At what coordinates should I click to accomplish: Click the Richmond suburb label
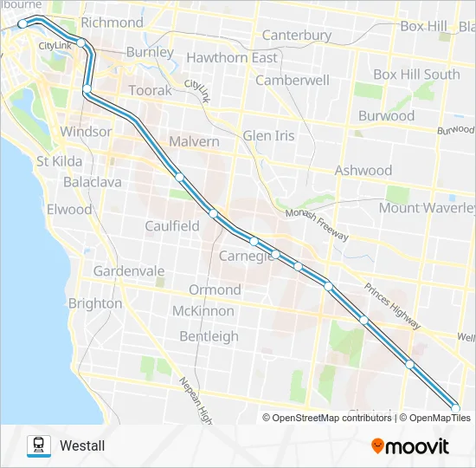click(112, 22)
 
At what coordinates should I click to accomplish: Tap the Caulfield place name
click(171, 226)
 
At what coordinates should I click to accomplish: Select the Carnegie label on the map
click(247, 256)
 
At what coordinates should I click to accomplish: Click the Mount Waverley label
click(428, 208)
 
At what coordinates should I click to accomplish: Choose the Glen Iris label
click(268, 136)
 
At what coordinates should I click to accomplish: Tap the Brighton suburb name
click(94, 303)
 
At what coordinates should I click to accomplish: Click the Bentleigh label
click(209, 335)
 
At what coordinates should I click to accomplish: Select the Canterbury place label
click(297, 36)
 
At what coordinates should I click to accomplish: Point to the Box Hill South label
click(416, 75)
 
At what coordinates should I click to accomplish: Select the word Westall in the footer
click(82, 446)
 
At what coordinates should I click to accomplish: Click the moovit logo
click(410, 446)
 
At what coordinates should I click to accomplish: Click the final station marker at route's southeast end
click(456, 408)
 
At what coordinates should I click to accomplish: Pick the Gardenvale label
click(129, 271)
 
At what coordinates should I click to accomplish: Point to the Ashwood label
click(363, 171)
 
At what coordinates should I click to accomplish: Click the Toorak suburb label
click(150, 91)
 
